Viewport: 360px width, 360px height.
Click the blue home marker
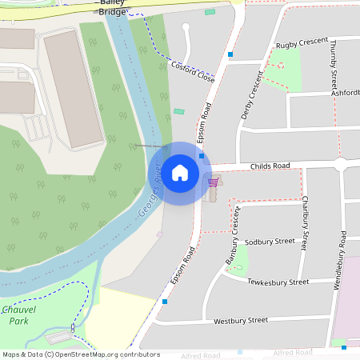click(180, 173)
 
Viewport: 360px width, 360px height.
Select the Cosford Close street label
click(193, 73)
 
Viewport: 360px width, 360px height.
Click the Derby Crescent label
click(252, 95)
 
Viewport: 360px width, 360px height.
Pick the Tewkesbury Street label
click(278, 282)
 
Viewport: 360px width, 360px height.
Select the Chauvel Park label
click(19, 314)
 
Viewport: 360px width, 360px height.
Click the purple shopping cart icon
click(213, 182)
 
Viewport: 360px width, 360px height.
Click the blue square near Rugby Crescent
click(230, 55)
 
